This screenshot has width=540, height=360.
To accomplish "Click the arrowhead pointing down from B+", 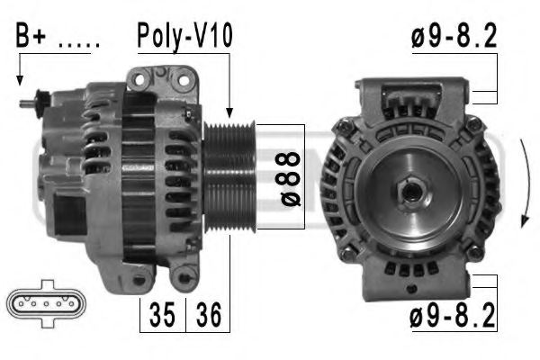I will pyautogui.click(x=20, y=82).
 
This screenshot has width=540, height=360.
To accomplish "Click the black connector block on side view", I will pyautogui.click(x=71, y=217).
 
